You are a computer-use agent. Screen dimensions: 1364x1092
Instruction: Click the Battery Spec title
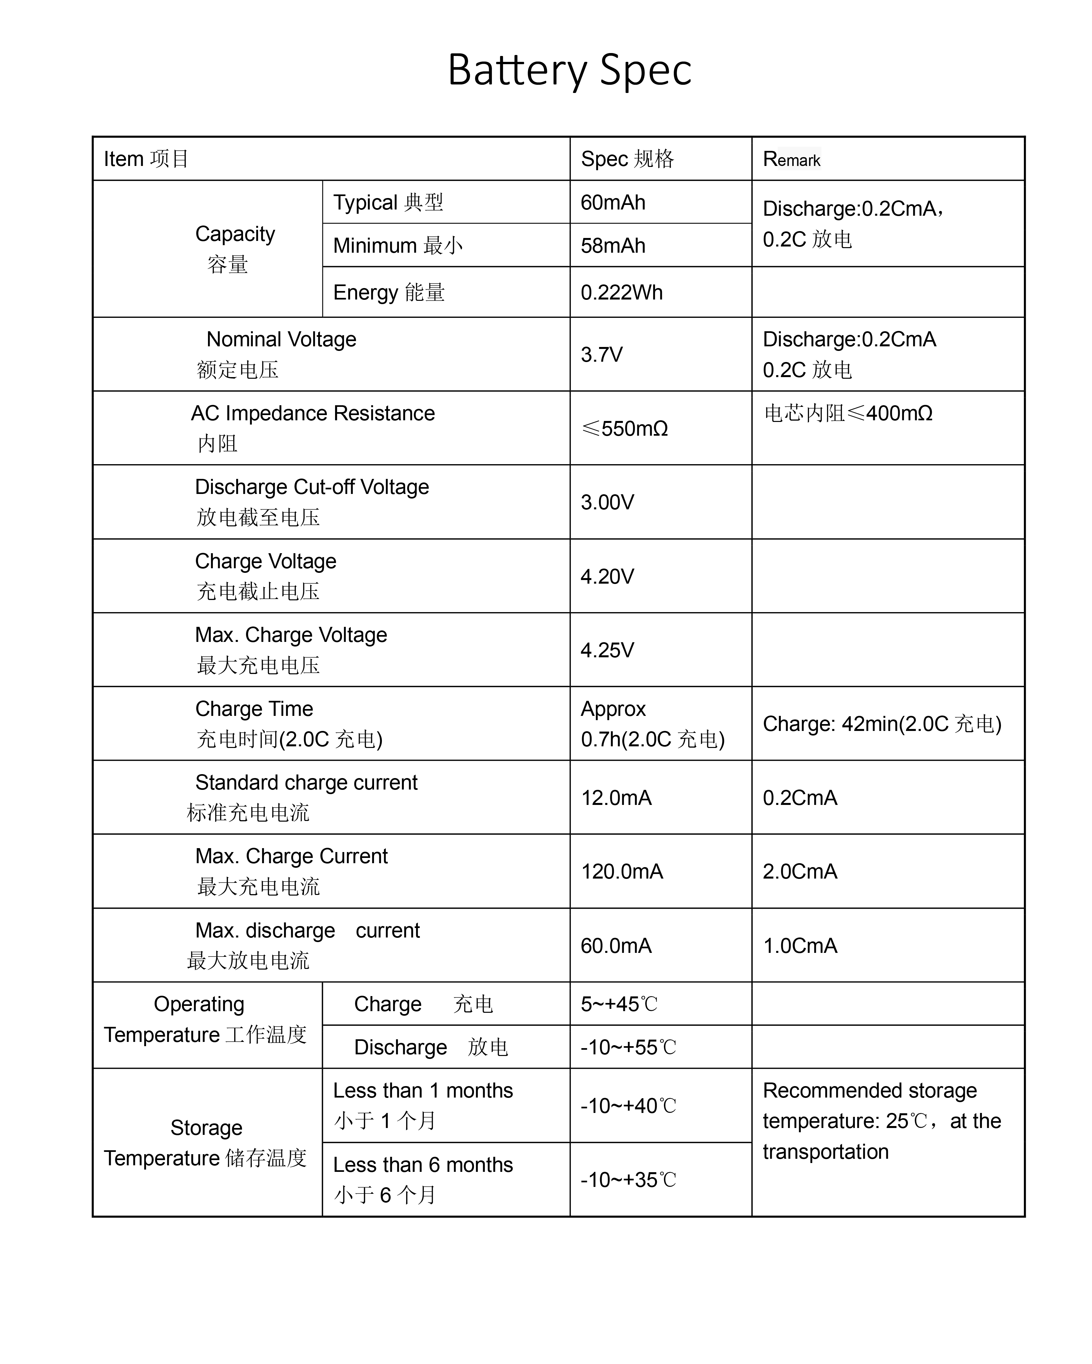569,70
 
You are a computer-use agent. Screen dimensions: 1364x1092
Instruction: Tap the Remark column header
791,159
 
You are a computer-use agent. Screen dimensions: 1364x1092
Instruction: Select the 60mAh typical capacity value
613,202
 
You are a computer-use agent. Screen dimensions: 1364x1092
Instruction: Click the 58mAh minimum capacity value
613,246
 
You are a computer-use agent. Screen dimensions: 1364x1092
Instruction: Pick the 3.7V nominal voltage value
601,354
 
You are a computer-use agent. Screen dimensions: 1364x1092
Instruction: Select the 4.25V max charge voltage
607,650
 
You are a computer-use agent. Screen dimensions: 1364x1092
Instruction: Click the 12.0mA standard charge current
616,798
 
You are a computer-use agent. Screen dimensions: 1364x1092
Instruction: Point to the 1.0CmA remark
800,946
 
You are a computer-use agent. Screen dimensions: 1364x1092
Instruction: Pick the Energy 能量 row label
389,292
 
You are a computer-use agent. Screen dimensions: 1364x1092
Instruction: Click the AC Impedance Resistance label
313,413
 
